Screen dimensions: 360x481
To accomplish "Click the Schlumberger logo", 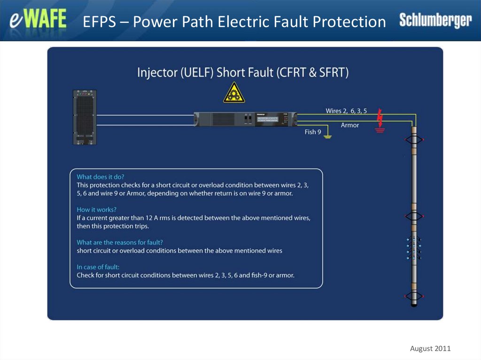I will click(435, 20).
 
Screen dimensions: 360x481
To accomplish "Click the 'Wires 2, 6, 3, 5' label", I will click(347, 111).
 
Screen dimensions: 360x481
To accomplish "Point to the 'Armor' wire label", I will click(350, 125).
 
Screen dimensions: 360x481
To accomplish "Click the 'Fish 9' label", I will click(313, 132).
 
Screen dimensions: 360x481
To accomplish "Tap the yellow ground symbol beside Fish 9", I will click(328, 136).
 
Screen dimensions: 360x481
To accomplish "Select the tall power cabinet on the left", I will click(85, 117).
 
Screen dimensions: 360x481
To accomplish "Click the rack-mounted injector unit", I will click(247, 118).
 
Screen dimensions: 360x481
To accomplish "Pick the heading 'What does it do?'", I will click(101, 177).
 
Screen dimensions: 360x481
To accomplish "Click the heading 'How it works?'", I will click(97, 210).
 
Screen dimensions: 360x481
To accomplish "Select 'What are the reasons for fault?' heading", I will click(120, 243).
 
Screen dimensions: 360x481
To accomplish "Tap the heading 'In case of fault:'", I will click(98, 267).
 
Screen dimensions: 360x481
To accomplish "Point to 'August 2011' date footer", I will click(430, 348).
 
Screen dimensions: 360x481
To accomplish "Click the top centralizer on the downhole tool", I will click(414, 140).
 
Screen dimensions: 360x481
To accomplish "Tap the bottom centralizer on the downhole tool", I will click(414, 296).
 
